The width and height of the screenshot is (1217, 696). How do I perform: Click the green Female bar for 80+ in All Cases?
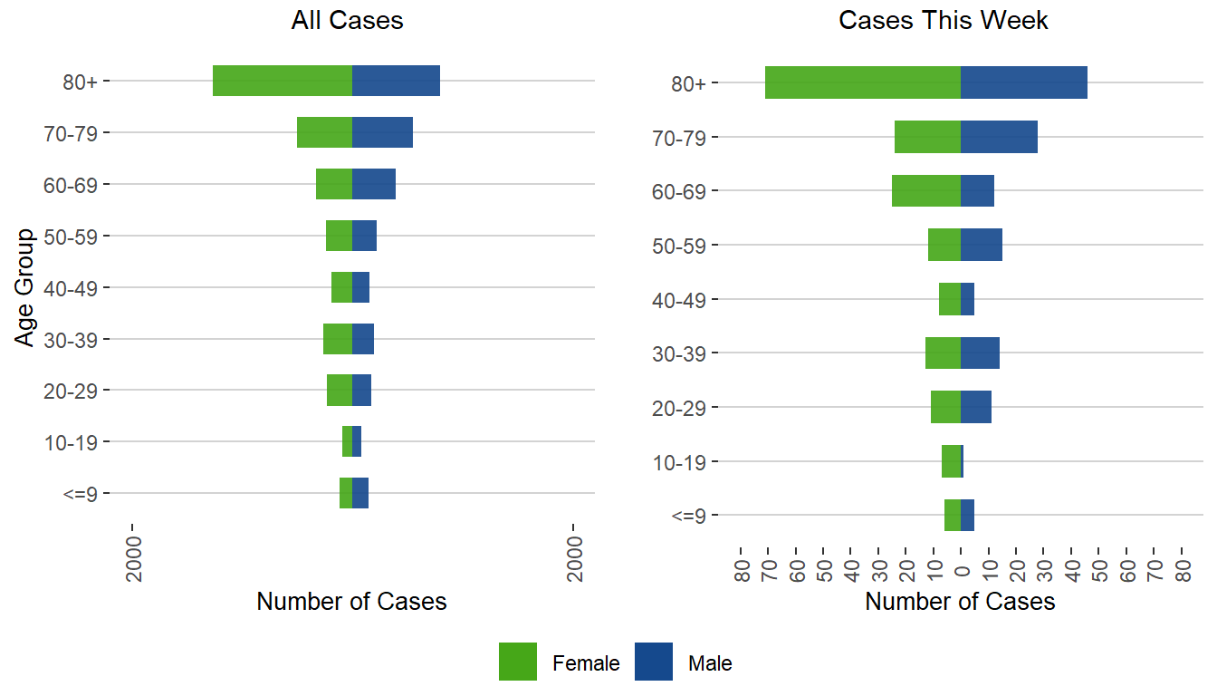(x=282, y=81)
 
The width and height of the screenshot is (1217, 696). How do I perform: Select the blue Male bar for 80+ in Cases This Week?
(x=1023, y=82)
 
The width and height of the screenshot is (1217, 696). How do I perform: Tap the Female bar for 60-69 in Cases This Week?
(x=925, y=190)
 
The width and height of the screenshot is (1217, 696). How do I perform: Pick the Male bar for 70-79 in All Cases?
(x=382, y=132)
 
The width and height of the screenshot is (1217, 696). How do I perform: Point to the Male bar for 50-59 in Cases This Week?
(x=981, y=245)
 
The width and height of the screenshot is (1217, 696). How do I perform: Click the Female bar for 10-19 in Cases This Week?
(x=950, y=461)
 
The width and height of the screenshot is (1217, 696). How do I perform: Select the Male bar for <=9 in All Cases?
(x=359, y=493)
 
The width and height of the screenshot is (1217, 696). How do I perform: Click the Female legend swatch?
(x=518, y=662)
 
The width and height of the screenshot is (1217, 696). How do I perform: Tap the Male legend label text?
(x=710, y=663)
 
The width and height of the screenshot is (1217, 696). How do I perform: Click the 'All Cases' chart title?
(x=347, y=21)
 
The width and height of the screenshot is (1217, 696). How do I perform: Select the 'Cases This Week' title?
(x=944, y=21)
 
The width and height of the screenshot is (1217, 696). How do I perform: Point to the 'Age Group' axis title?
(x=25, y=287)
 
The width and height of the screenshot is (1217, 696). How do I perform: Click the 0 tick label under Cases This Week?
(x=962, y=570)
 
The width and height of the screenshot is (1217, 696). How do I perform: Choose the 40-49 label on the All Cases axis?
(x=76, y=288)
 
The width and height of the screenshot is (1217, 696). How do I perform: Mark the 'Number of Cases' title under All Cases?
(x=351, y=602)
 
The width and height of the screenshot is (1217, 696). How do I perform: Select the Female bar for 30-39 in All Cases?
(x=338, y=339)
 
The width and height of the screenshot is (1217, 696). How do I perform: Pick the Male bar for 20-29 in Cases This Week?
(x=975, y=407)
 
